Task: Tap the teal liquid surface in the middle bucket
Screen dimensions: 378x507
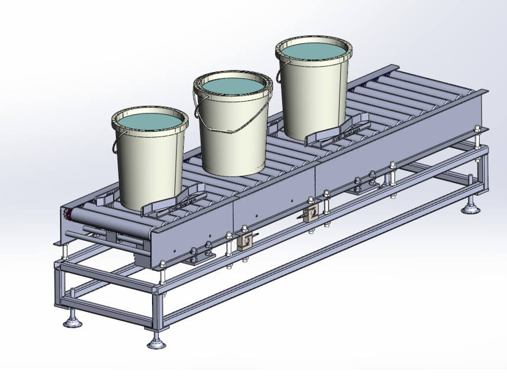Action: (x=232, y=87)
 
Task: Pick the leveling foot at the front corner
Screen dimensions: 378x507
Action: (x=155, y=341)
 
